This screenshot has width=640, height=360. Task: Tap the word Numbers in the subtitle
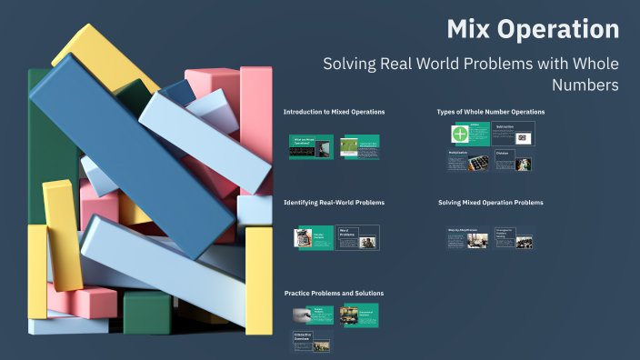pos(585,85)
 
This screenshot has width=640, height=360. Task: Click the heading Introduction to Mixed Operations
pos(334,112)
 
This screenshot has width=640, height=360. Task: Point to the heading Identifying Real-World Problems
pos(334,202)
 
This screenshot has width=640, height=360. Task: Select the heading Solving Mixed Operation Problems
pos(491,202)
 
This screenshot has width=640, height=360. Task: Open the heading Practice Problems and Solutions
pos(334,293)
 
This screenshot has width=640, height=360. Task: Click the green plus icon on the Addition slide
pos(461,134)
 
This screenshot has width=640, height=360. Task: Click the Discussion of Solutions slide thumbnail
pos(359,315)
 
